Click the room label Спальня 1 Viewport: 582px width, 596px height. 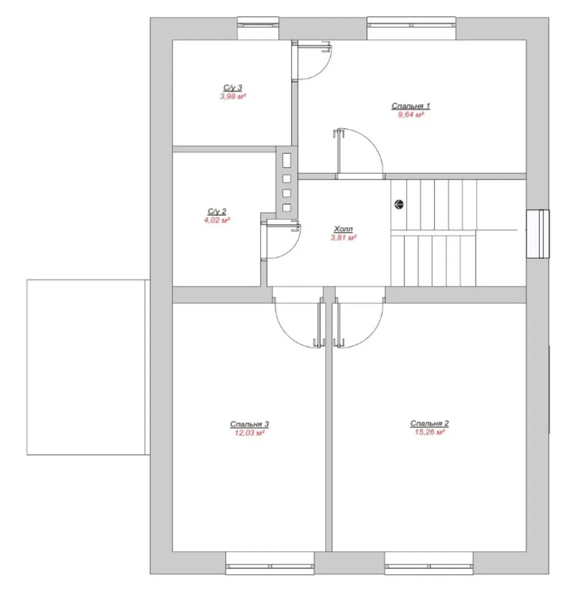tap(410, 106)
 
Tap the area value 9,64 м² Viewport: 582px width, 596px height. tap(411, 115)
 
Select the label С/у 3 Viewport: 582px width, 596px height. tap(232, 88)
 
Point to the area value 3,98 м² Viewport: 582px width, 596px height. tap(233, 97)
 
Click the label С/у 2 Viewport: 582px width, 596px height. tap(217, 211)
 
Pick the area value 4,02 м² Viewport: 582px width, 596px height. tap(217, 220)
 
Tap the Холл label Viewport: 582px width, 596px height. tap(343, 229)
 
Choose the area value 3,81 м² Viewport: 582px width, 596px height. tap(343, 237)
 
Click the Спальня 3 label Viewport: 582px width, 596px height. tap(249, 424)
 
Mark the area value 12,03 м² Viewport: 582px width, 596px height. tap(249, 433)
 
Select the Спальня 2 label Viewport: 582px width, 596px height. tap(430, 423)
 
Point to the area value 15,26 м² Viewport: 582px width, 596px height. tap(430, 432)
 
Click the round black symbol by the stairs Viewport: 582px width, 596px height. tap(399, 205)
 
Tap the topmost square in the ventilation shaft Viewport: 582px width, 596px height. tap(287, 161)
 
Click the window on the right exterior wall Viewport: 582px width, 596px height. tap(538, 234)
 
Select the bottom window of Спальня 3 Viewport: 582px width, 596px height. tap(269, 563)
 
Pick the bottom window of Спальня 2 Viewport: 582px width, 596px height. tap(428, 563)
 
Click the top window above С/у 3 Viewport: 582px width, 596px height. tap(258, 28)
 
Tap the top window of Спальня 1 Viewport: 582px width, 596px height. tap(411, 28)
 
